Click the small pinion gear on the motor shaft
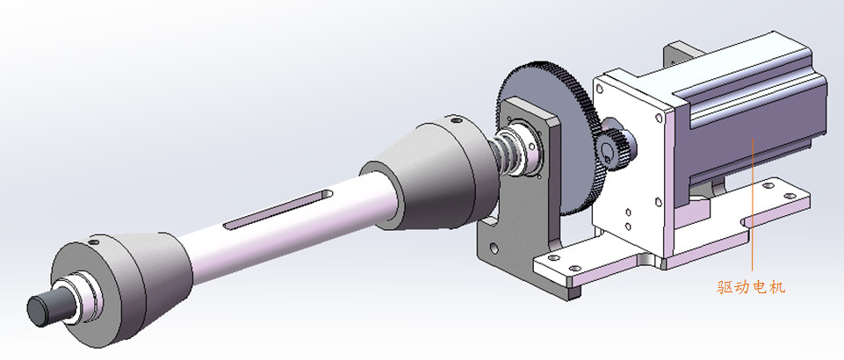coord(616,147)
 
